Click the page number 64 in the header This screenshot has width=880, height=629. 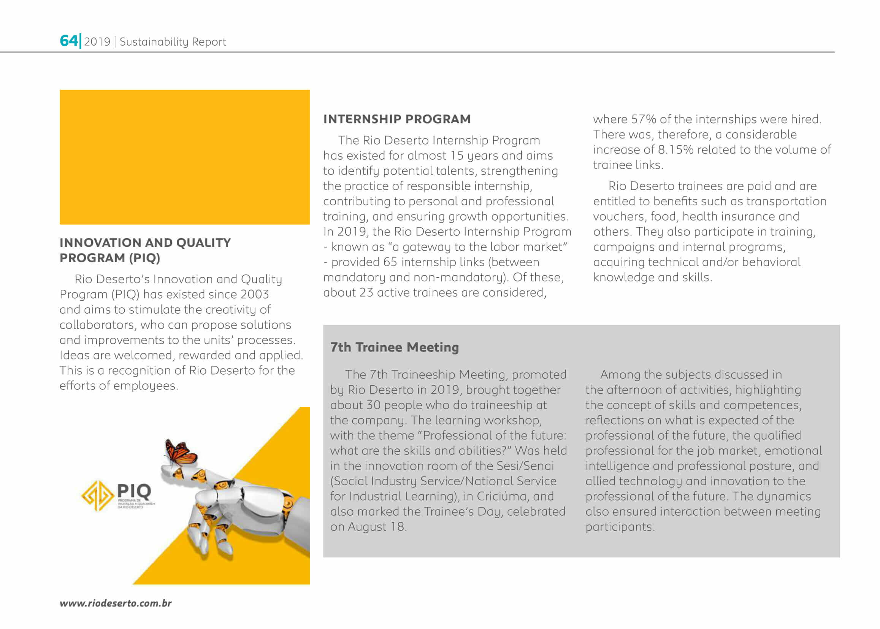(68, 41)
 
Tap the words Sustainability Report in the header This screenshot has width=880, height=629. (173, 42)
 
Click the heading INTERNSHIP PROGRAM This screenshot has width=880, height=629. (397, 119)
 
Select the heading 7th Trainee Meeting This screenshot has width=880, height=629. (395, 347)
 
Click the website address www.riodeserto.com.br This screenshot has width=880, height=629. (116, 603)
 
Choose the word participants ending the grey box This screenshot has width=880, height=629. (620, 527)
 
